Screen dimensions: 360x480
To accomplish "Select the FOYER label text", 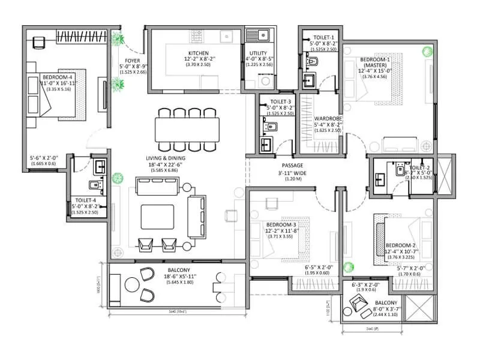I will click(x=133, y=61).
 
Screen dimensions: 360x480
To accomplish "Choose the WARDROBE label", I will click(x=328, y=119).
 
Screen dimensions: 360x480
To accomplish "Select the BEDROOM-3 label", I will click(x=281, y=225).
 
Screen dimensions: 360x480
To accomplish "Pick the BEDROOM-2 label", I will click(x=401, y=245).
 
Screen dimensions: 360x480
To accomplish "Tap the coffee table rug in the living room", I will click(x=158, y=214).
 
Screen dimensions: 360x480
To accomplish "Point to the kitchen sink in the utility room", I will click(x=263, y=35).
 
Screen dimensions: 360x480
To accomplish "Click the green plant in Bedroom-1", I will click(x=427, y=52).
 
